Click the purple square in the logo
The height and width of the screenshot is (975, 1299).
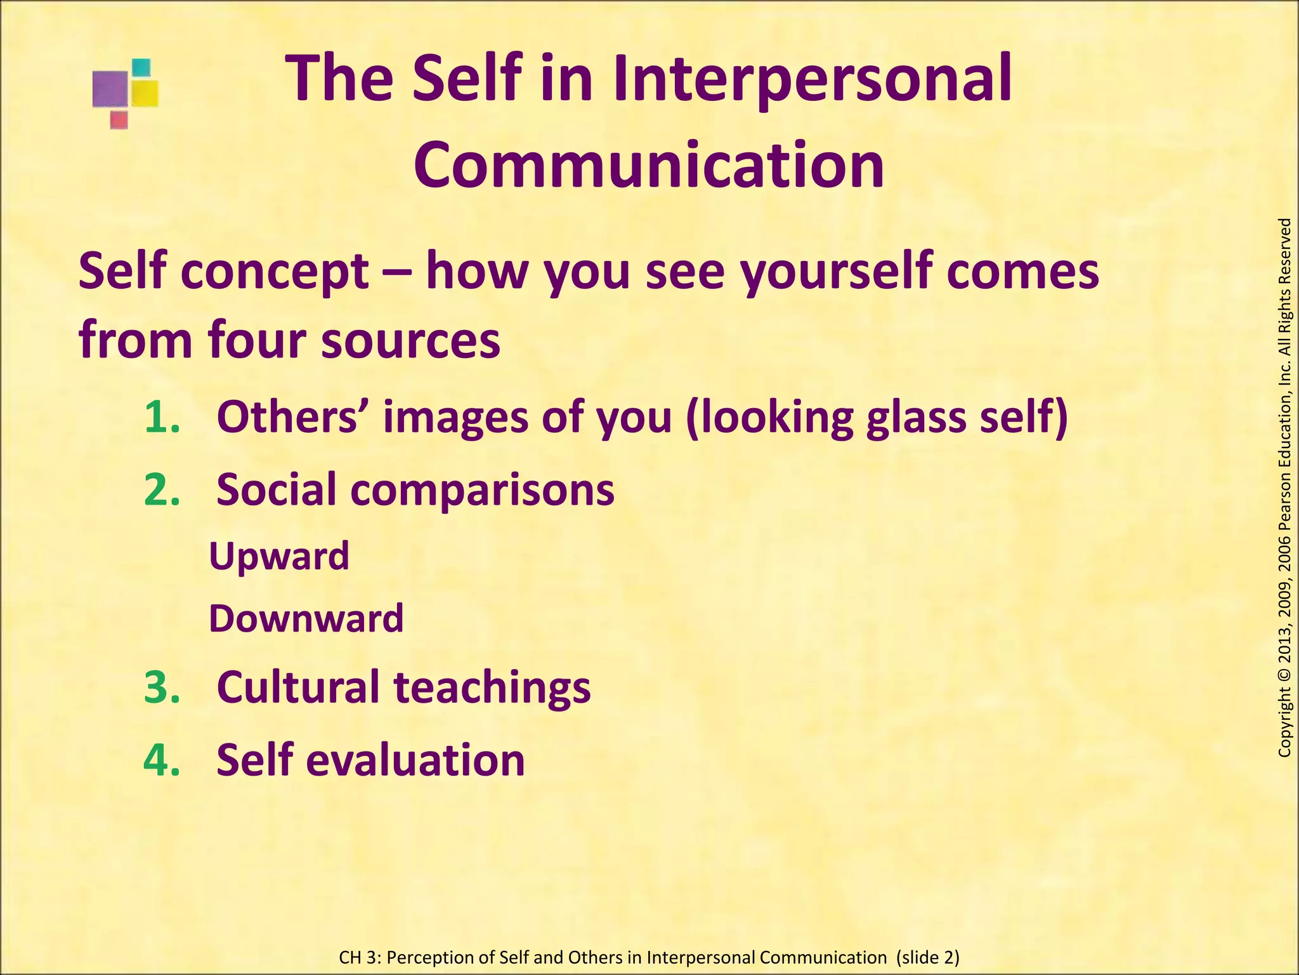pos(110,90)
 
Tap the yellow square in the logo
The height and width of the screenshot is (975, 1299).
pos(145,93)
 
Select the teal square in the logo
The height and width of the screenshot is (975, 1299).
pos(141,67)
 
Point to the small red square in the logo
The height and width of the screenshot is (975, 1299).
pos(119,119)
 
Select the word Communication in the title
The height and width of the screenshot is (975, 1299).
pos(648,165)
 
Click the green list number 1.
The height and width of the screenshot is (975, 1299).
pos(162,418)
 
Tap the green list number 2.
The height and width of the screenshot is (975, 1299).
pos(162,490)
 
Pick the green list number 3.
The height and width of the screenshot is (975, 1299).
pos(162,687)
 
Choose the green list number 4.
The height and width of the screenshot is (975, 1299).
pos(162,760)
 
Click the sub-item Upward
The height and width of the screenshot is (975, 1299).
pos(279,557)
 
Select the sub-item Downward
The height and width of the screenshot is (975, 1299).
pos(306,619)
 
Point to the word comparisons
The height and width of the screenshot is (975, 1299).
pos(482,490)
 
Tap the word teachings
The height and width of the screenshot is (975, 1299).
pos(492,687)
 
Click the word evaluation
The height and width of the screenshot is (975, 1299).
pos(415,760)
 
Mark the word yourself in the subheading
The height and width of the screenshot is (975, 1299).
pos(837,272)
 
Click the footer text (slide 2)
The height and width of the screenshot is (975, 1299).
pos(927,957)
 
